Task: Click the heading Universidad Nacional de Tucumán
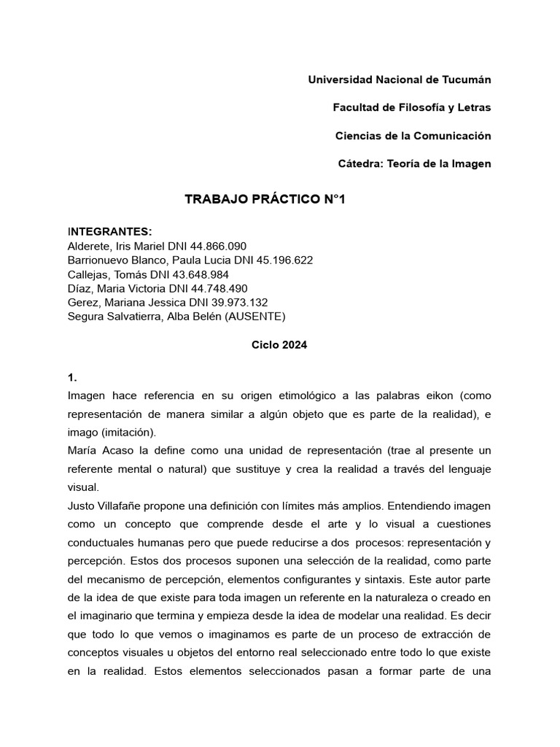[x=400, y=79]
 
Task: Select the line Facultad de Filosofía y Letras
[x=412, y=107]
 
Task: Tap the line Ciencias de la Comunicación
[x=413, y=136]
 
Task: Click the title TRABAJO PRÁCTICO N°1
[x=265, y=199]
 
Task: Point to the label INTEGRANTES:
[x=109, y=232]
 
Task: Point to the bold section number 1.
[x=71, y=378]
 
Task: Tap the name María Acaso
[x=103, y=450]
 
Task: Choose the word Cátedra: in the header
[x=362, y=164]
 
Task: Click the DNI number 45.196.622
[x=281, y=260]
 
